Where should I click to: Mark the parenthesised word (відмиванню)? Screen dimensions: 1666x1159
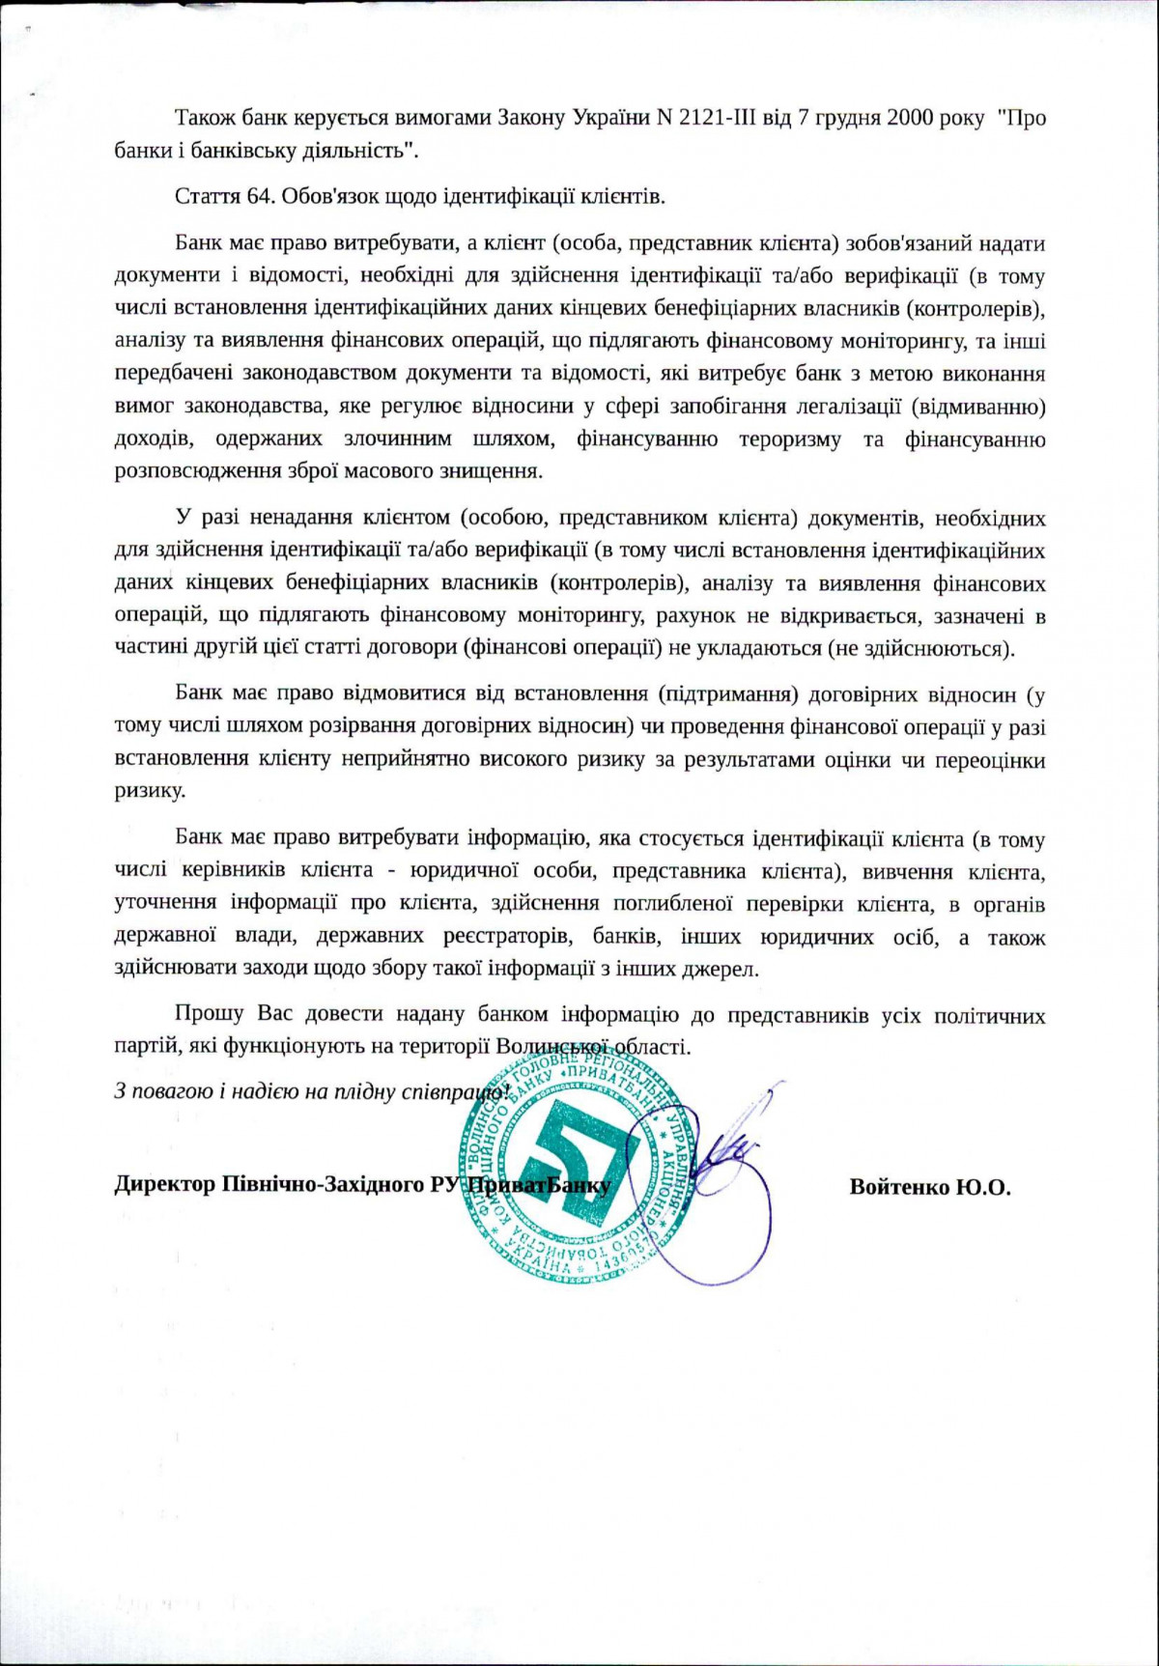(977, 407)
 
